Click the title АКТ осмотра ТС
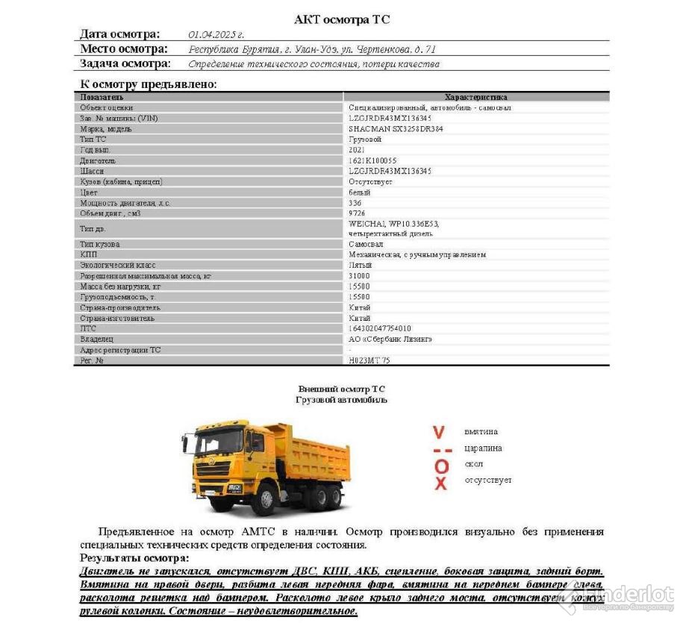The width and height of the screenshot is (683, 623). [342, 19]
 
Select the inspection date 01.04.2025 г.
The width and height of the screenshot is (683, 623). [216, 34]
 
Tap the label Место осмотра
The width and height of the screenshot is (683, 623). [125, 49]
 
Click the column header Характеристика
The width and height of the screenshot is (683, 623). [475, 97]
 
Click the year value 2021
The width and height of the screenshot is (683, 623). [357, 150]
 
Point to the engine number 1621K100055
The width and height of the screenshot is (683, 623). [372, 160]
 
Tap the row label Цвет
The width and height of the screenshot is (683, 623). [89, 192]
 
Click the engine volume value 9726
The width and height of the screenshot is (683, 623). [357, 213]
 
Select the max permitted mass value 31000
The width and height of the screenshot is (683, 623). [359, 276]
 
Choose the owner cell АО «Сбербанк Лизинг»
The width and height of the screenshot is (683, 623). [390, 339]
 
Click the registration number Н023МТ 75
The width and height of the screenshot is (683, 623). [369, 360]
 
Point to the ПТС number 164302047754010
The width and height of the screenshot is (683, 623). [380, 328]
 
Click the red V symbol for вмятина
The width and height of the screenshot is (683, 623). [440, 432]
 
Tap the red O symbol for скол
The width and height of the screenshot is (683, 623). [441, 466]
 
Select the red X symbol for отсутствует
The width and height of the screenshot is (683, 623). [441, 483]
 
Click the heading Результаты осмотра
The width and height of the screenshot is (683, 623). [134, 558]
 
